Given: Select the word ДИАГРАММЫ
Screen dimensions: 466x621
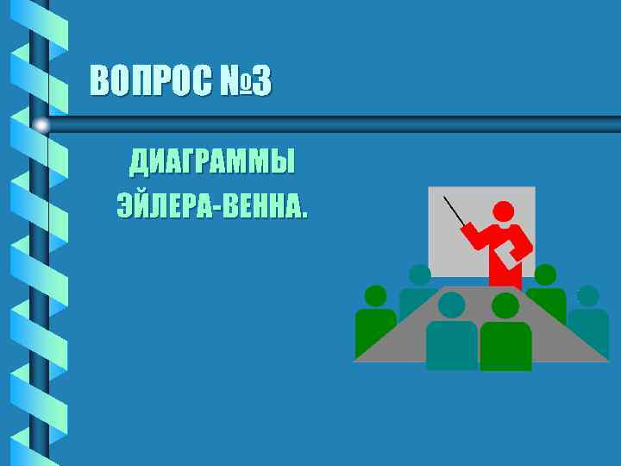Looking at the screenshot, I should coord(211,161).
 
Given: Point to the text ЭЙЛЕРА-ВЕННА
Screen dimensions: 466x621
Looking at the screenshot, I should coord(211,207).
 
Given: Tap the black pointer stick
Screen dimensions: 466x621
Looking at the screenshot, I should coord(455,212).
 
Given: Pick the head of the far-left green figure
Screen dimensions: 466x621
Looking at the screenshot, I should coord(375,296).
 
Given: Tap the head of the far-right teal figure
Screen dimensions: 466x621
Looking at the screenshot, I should coord(587,296).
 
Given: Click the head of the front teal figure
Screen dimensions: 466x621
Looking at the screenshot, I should coord(451,304).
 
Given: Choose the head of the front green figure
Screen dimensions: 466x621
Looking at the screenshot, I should coord(505,305).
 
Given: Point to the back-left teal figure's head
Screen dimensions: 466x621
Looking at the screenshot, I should coord(420,275).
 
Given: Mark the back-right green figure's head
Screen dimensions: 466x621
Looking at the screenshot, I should coord(545,275).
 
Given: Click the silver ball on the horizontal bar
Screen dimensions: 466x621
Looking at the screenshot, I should coord(41,125).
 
